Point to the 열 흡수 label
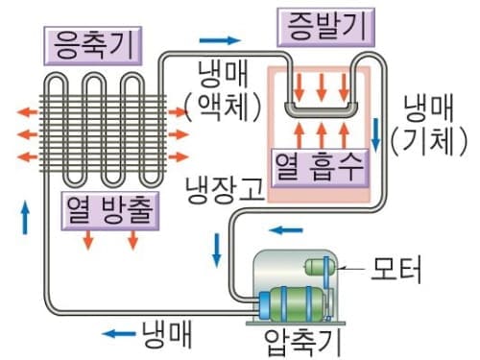pos(321,167)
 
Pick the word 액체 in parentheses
pos(225,106)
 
